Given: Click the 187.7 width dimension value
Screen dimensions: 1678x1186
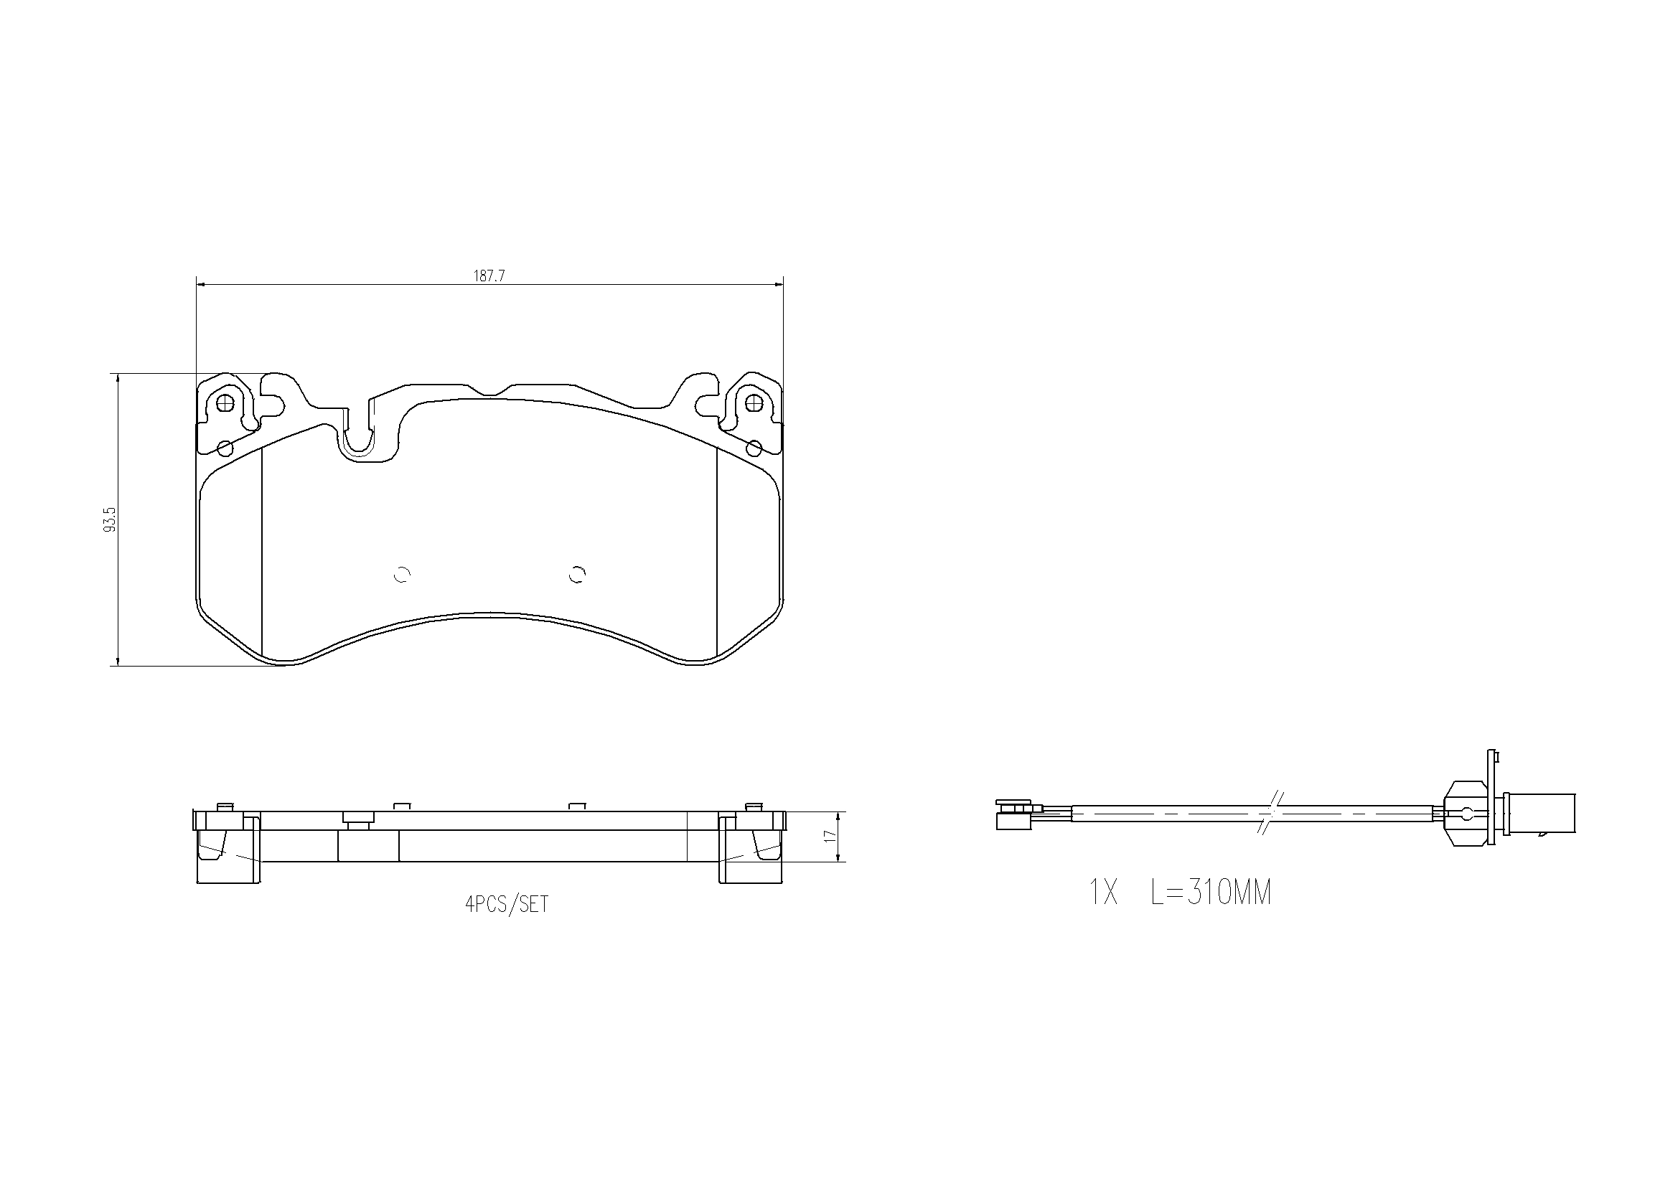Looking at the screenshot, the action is coord(489,276).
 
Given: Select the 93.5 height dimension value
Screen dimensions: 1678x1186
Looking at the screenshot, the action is coord(111,520).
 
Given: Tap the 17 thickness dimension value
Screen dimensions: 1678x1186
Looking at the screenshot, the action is coord(829,836).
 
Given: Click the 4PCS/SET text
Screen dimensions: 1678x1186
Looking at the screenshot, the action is coord(507,905).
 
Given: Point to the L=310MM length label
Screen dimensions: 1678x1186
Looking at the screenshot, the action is coord(1211,893).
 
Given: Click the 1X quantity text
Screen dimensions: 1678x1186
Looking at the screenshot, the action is coord(1104,893).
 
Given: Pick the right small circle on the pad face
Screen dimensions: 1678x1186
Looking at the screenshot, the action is coord(577,575).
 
